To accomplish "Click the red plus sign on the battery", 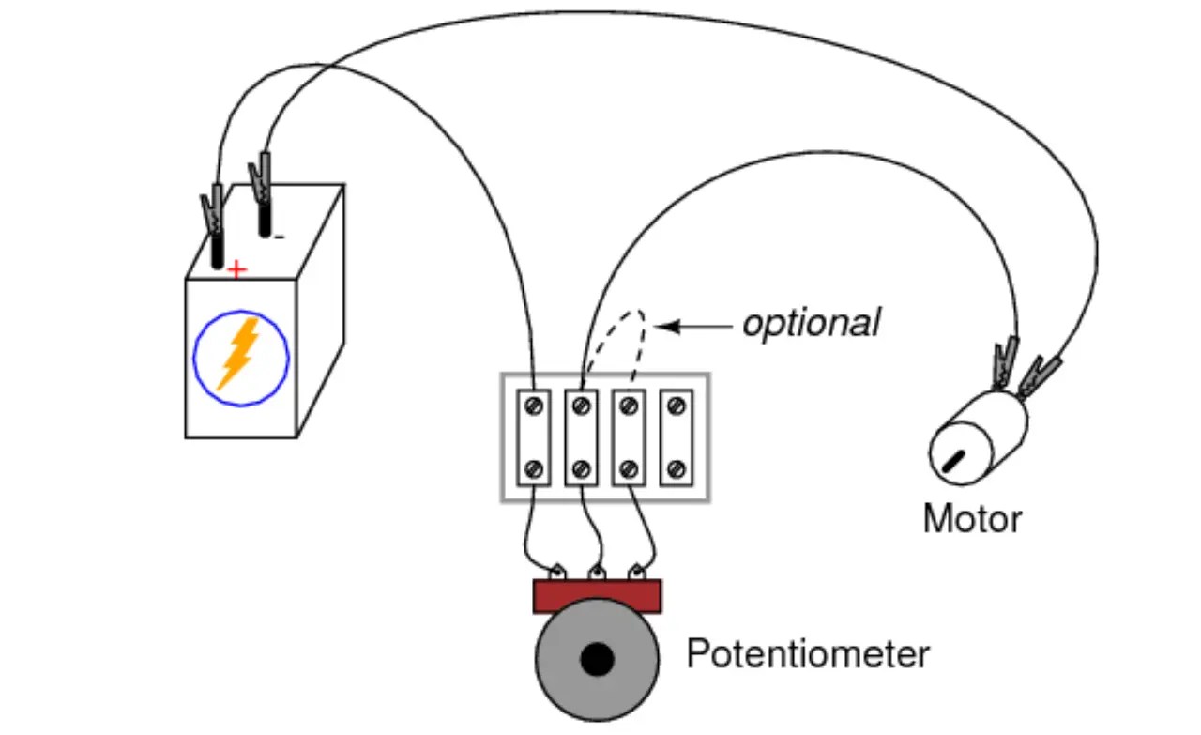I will [236, 271].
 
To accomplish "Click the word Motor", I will [972, 519].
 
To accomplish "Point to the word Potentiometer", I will [808, 654].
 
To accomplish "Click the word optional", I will [812, 323].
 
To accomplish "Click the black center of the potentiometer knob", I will [597, 661].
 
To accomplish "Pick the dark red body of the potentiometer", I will [597, 596].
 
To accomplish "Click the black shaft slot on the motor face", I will [954, 461].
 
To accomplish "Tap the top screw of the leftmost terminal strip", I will [534, 406].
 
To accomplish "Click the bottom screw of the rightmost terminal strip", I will [677, 468].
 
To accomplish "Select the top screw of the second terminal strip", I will [581, 406].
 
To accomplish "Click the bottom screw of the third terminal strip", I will [629, 468].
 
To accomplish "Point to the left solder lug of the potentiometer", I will [557, 571].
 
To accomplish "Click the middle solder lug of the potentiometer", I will [596, 571].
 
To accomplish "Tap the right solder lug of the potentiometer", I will [637, 571].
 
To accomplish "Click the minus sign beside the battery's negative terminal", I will [279, 237].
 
